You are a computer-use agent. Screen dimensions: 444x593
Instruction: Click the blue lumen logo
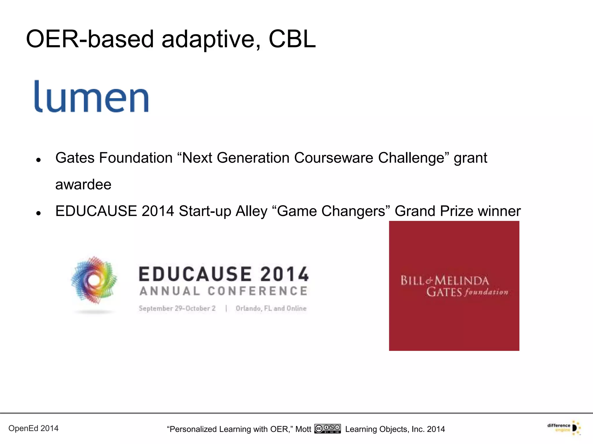[x=91, y=97]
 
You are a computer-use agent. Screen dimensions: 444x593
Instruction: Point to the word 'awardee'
[x=83, y=184]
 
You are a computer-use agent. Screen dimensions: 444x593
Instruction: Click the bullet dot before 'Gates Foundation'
[x=38, y=160]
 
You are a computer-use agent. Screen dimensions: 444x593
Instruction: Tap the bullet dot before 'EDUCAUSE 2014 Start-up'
[x=38, y=213]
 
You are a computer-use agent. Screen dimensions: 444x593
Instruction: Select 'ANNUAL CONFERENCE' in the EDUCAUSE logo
[x=223, y=291]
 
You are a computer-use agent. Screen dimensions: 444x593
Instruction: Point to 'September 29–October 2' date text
[x=177, y=308]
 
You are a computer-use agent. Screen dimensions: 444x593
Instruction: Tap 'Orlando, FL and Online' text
[x=271, y=308]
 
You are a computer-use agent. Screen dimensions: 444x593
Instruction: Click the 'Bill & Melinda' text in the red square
[x=444, y=280]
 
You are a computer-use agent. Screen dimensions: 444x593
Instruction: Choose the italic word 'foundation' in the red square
[x=486, y=292]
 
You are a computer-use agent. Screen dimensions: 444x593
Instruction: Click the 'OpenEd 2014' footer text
[x=34, y=428]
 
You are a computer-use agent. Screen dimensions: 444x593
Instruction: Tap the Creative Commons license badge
[x=328, y=429]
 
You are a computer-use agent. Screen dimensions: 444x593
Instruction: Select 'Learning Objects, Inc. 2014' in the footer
[x=395, y=429]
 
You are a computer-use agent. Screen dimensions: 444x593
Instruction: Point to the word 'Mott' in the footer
[x=303, y=429]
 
